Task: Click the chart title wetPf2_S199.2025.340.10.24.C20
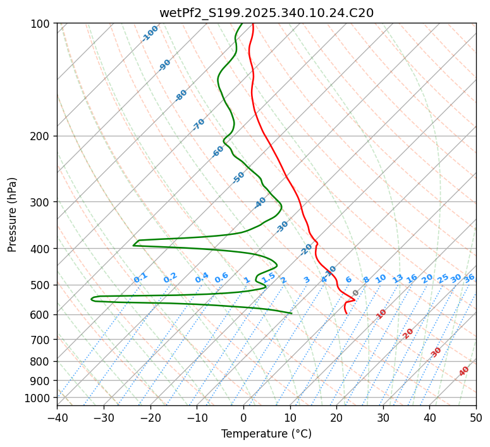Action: coord(266,13)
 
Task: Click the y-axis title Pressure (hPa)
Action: coord(13,214)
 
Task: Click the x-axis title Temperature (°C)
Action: coord(266,434)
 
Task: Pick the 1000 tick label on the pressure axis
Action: coord(40,398)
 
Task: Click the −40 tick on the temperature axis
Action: coord(57,417)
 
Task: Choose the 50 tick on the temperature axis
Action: coord(476,417)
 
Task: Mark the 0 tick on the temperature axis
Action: coord(243,417)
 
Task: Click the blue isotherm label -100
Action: coord(150,33)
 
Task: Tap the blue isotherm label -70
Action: coord(199,124)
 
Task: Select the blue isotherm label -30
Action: coord(282,227)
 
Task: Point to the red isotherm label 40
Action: coord(464,371)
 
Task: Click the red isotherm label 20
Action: coord(408,333)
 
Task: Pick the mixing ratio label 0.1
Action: coord(140,278)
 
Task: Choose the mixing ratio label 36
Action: coord(469,278)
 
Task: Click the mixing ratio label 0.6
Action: coord(221,278)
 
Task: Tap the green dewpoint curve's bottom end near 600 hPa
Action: coord(291,313)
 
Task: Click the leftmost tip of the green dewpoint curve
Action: coord(91,299)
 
